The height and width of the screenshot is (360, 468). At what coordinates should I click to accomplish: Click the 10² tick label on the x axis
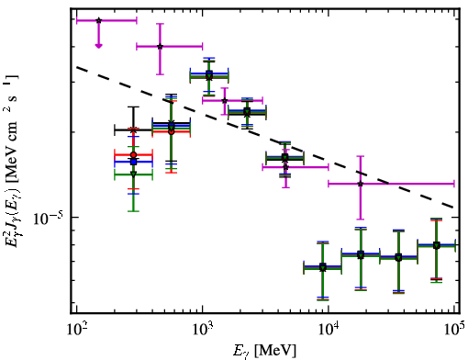click(77, 329)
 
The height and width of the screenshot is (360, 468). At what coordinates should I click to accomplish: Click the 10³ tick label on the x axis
click(203, 329)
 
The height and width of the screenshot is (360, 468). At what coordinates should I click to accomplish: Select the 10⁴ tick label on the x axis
click(329, 329)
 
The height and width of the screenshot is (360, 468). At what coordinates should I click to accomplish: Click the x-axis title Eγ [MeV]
click(264, 351)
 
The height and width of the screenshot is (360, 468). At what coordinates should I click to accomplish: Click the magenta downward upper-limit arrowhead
click(98, 46)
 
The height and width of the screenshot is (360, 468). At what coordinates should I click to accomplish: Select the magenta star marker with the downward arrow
click(98, 20)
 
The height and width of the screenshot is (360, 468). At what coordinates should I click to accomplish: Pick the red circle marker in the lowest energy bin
click(133, 155)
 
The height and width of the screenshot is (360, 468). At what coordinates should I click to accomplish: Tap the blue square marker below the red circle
click(133, 162)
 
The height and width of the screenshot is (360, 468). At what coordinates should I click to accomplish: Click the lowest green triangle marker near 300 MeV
click(133, 174)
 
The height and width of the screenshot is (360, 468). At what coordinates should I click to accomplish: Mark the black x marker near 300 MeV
click(133, 130)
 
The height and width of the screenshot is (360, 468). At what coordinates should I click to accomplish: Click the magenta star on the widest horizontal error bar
click(361, 184)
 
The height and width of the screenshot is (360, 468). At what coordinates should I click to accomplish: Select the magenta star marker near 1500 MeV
click(225, 100)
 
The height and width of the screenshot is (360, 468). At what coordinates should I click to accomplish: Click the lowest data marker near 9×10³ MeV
click(323, 268)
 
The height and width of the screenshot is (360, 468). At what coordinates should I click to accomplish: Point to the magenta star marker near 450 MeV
click(160, 47)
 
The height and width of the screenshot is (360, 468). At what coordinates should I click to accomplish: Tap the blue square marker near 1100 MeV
click(209, 73)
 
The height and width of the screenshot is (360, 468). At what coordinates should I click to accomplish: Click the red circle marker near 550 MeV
click(172, 131)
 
